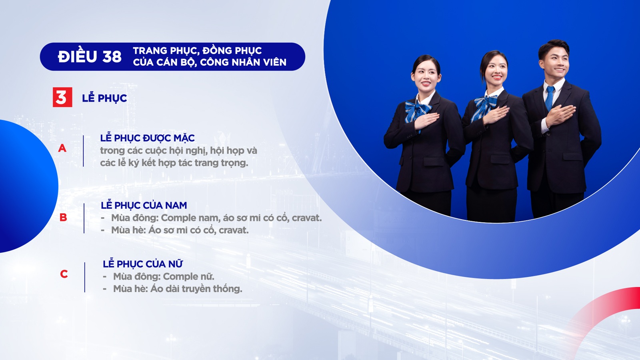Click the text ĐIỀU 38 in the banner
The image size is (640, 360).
[x=90, y=56]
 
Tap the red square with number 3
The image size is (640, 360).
[x=62, y=97]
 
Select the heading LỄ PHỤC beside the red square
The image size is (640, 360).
[x=104, y=98]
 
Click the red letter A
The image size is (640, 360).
[x=62, y=148]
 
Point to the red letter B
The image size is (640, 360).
[x=63, y=218]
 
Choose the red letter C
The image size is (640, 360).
[x=64, y=274]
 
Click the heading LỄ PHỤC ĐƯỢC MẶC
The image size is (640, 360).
[x=148, y=138]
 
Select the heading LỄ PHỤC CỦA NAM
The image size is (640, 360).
[x=144, y=205]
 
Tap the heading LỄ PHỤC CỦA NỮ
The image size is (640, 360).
[x=142, y=263]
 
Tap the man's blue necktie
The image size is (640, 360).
[x=550, y=98]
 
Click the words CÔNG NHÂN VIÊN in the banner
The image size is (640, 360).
[x=243, y=62]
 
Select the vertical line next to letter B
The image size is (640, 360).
[x=84, y=218]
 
